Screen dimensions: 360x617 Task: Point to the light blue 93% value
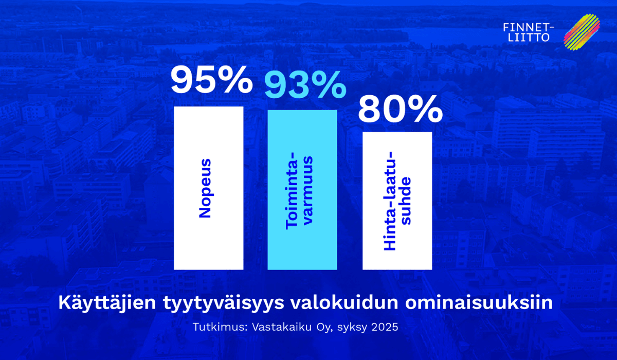(305, 85)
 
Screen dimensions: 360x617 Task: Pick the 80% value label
(400, 109)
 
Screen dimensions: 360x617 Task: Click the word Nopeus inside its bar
(205, 188)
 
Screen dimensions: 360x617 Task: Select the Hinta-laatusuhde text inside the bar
(398, 201)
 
